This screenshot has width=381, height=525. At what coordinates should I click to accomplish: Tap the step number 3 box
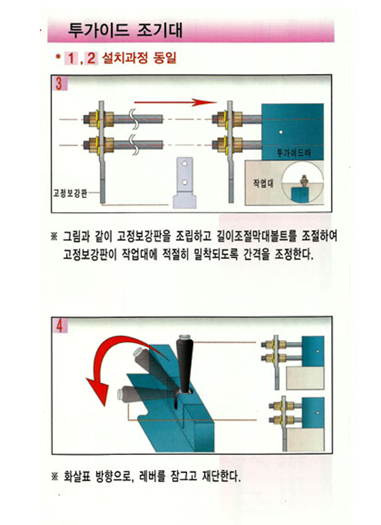click(60, 83)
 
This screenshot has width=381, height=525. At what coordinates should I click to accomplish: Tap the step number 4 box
click(60, 325)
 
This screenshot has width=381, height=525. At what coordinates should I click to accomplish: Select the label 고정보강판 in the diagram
click(70, 193)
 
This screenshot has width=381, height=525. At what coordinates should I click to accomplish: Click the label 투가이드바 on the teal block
click(294, 153)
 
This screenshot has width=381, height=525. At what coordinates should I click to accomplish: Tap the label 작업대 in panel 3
click(263, 183)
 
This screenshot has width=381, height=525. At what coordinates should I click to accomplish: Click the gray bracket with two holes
click(184, 183)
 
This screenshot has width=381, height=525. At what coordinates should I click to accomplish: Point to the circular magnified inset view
click(302, 183)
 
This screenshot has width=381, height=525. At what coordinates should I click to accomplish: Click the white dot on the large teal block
click(281, 132)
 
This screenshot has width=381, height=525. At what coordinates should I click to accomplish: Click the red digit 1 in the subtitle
click(71, 59)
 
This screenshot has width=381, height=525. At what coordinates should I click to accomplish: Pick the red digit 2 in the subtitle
click(91, 59)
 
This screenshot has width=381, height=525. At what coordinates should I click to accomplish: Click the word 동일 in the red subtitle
click(164, 58)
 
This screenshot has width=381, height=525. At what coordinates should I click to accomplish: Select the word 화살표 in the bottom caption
click(77, 476)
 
